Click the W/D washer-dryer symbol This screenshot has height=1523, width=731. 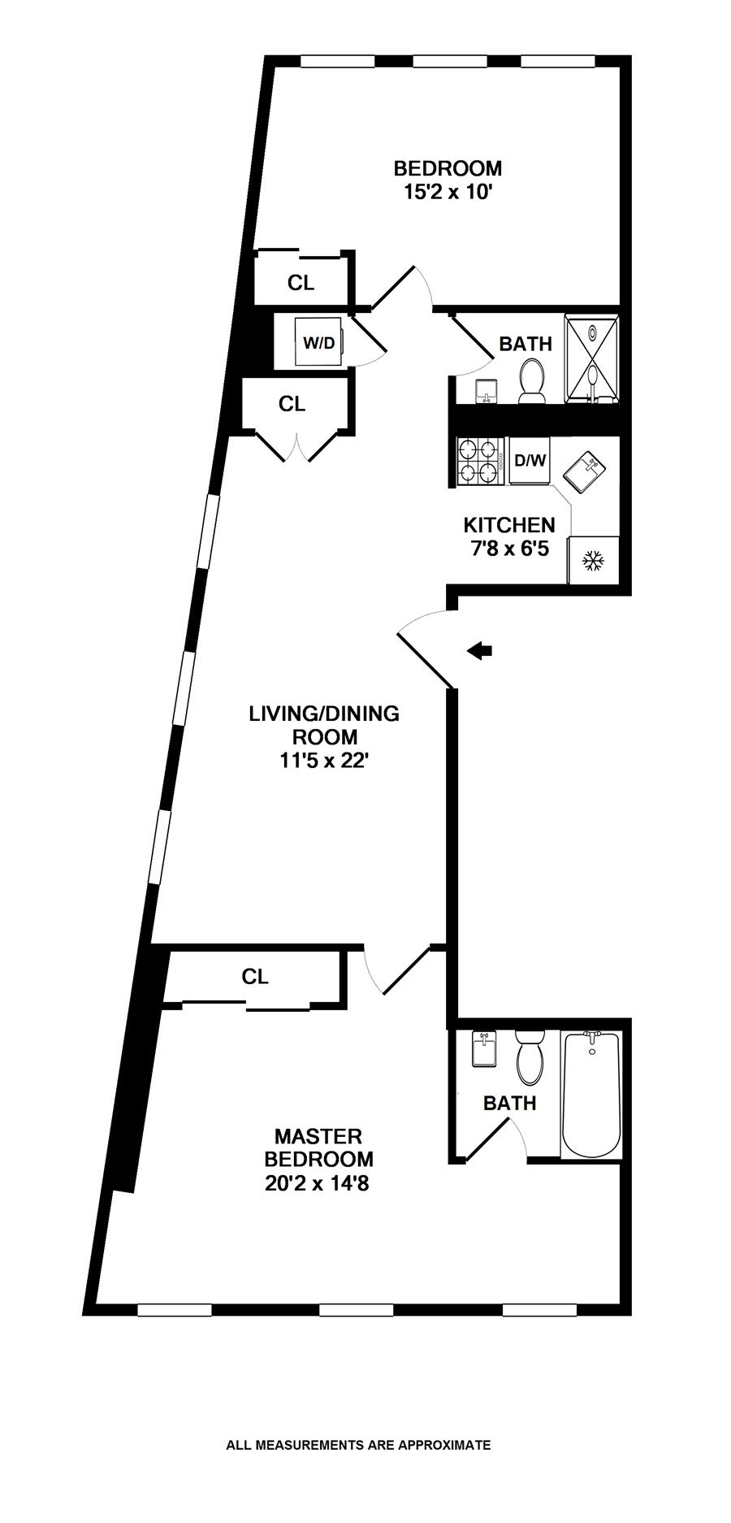pos(318,342)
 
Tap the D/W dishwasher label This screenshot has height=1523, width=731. pos(530,462)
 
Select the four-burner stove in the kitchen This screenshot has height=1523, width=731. pos(479,462)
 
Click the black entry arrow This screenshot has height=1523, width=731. pos(481,649)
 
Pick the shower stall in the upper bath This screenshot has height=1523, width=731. pos(593,358)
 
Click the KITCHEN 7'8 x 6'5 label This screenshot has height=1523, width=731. pos(509,536)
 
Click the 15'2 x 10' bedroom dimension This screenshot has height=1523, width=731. pos(448,192)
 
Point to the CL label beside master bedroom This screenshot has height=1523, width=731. pos(255,977)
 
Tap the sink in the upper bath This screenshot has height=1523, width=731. pos(485,391)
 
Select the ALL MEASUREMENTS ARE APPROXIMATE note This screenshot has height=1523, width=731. pos(358,1445)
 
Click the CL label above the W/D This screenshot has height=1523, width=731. pos(301,283)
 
